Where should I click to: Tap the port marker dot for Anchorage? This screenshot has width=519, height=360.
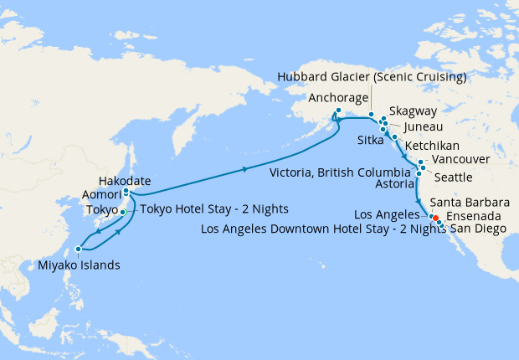[338, 111]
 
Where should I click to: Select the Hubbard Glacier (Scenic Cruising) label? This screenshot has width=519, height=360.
[373, 78]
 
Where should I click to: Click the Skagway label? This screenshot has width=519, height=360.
[416, 121]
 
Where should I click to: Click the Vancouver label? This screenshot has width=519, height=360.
[459, 160]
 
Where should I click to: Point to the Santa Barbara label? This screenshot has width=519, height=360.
[469, 203]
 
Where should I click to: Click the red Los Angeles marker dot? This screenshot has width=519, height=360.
[435, 219]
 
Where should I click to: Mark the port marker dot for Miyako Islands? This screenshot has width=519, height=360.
[78, 249]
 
